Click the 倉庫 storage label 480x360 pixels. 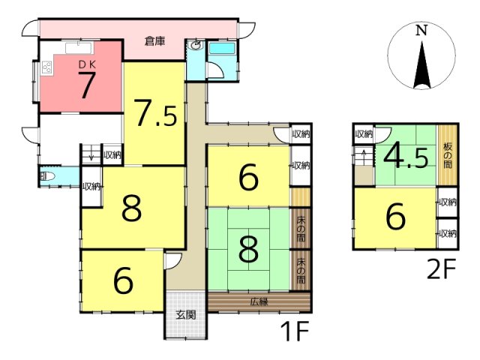[x=155, y=41]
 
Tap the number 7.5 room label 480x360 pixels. [x=155, y=113]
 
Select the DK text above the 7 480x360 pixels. [x=88, y=64]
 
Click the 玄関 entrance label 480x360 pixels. [x=186, y=315]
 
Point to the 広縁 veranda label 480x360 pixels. [x=259, y=302]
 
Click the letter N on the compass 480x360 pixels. [x=421, y=31]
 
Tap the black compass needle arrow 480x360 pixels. [x=421, y=65]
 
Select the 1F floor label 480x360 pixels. [x=295, y=331]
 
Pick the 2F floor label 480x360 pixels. [x=442, y=269]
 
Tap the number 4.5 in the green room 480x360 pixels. [x=406, y=157]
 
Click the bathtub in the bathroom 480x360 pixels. [x=222, y=49]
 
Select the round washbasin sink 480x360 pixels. [x=196, y=46]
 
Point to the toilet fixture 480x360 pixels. [x=48, y=177]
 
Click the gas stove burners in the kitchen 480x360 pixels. [x=47, y=67]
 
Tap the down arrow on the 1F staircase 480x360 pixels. [x=91, y=157]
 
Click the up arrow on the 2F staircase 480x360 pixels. [x=364, y=153]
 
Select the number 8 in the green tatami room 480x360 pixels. [x=248, y=250]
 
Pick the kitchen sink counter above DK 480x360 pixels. [x=79, y=48]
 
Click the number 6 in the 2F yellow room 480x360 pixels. [x=396, y=217]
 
